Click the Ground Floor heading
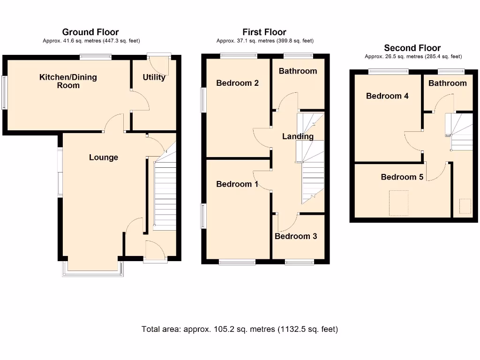pos(90,32)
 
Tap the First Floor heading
pos(264,32)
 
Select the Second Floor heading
pos(412,48)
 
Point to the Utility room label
pos(154,77)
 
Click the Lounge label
pos(104,157)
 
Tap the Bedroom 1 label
pos(237,184)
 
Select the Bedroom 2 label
pos(237,83)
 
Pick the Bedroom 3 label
pos(296,236)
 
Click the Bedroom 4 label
pos(387,96)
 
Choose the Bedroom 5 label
pos(402,177)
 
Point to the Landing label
pos(298,136)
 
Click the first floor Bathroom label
pos(298,71)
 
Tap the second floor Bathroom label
pos(447,83)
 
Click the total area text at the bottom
pos(240,329)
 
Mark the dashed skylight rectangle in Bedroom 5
pos(399,203)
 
